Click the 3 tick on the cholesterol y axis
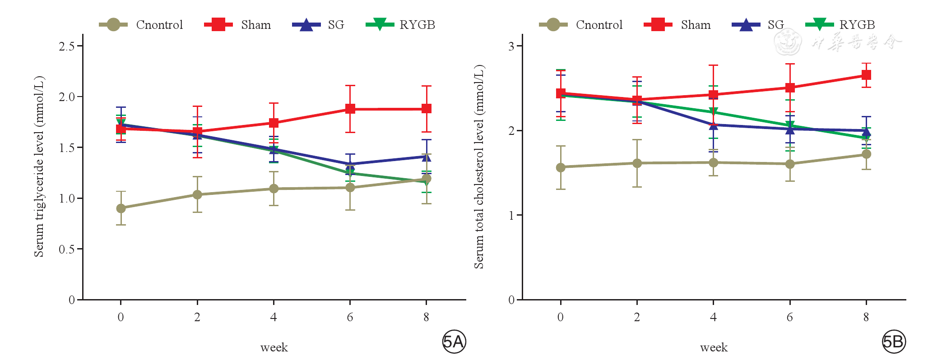coord(511,46)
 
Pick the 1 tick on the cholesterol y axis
coord(511,215)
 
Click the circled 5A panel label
coord(454,342)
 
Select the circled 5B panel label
coord(894,342)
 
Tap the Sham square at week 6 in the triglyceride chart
coord(350,109)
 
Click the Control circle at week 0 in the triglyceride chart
coord(121,208)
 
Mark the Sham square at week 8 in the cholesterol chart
coord(866,75)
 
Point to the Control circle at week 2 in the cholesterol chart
coord(637,163)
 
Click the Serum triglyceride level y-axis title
coord(39,167)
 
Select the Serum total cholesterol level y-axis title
coord(479,167)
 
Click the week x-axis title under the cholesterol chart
coord(714,347)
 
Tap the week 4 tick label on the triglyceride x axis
coord(274,317)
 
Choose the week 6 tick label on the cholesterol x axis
coord(790,317)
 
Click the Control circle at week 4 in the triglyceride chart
coord(274,189)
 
